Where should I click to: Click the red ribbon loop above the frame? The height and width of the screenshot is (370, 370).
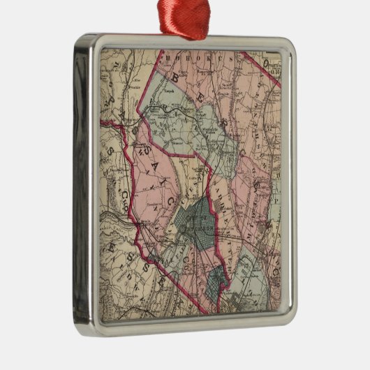click(184, 20)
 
